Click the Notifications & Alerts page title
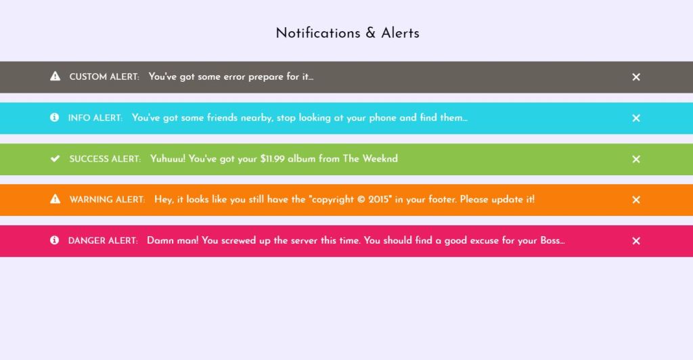pyautogui.click(x=347, y=32)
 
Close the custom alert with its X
pyautogui.click(x=636, y=77)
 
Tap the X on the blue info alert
pyautogui.click(x=636, y=118)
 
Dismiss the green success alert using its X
pyautogui.click(x=636, y=159)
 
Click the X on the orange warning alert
pyautogui.click(x=636, y=200)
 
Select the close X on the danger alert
pyautogui.click(x=636, y=241)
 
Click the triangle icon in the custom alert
pyautogui.click(x=55, y=76)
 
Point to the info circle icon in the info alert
pyautogui.click(x=54, y=118)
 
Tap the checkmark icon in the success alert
pyautogui.click(x=55, y=158)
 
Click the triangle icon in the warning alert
pyautogui.click(x=55, y=199)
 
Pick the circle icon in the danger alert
pyautogui.click(x=54, y=240)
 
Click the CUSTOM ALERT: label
pyautogui.click(x=104, y=77)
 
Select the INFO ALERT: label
pyautogui.click(x=95, y=118)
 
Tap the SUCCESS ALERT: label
pyautogui.click(x=105, y=159)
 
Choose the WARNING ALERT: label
pyautogui.click(x=107, y=200)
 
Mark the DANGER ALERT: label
pyautogui.click(x=103, y=241)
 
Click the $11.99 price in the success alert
pyautogui.click(x=273, y=159)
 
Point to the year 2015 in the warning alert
pyautogui.click(x=380, y=200)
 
